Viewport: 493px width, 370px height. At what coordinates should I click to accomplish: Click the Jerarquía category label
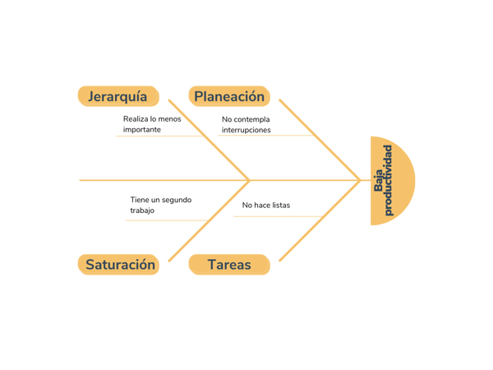pos(118,96)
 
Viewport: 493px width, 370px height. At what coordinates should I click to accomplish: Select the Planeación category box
pos(229,96)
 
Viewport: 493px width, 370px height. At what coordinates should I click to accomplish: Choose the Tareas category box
pos(229,265)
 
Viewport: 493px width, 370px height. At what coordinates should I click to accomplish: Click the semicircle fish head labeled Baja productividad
pos(393,181)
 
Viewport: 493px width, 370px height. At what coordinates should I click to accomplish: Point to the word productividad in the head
pos(389,180)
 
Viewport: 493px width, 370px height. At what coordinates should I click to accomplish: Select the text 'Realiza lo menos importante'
pos(152,124)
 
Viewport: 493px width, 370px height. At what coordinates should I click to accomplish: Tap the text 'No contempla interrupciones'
pos(246,125)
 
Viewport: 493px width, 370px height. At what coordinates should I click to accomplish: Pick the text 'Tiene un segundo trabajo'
pos(161,205)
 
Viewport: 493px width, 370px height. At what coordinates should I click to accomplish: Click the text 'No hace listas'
pos(266,205)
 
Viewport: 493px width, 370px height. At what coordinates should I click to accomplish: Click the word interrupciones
pos(246,130)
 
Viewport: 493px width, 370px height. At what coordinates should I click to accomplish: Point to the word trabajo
pos(142,210)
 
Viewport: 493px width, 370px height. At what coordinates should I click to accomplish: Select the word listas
pos(281,205)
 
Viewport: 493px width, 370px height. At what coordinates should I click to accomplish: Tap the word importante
pos(142,130)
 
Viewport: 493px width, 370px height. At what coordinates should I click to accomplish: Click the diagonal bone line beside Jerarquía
pos(209,140)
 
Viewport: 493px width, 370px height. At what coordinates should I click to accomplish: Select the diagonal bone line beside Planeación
pos(320,140)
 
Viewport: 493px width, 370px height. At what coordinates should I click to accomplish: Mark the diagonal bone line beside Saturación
pos(209,221)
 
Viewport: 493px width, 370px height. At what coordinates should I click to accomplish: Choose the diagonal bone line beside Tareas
pos(320,221)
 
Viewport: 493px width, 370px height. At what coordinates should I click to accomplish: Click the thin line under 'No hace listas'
pos(278,216)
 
